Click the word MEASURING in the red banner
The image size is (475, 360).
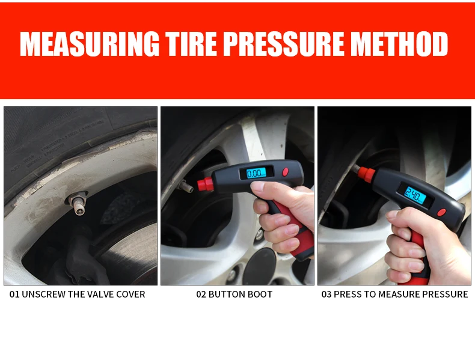pos(90,43)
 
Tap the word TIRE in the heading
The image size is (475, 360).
pos(191,43)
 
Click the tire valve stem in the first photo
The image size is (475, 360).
pos(77,203)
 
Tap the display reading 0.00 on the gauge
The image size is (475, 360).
pos(256,173)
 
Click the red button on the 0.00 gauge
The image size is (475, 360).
pos(286,172)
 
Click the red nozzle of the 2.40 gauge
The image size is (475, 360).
pos(366,174)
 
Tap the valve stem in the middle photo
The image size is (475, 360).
pos(186,186)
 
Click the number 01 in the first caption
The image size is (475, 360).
pos(14,294)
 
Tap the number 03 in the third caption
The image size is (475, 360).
pos(326,294)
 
